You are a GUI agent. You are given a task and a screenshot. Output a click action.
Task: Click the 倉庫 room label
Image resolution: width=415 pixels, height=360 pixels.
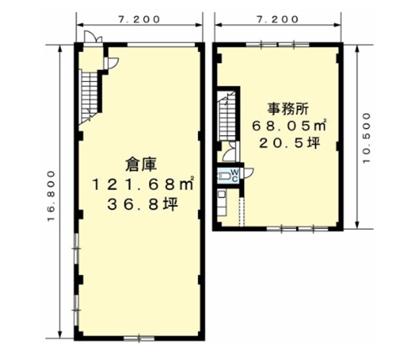(x=141, y=164)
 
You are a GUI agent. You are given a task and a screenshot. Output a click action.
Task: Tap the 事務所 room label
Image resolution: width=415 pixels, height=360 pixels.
(x=288, y=109)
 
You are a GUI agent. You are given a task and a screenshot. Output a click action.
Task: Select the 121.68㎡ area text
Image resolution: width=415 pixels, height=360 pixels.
(x=143, y=184)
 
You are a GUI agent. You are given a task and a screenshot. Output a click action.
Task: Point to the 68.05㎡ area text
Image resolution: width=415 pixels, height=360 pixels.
(x=289, y=125)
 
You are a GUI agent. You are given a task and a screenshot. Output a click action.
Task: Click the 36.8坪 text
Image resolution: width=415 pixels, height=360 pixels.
(x=143, y=204)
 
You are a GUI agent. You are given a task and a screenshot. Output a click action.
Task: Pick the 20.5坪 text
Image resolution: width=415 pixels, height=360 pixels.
(x=290, y=143)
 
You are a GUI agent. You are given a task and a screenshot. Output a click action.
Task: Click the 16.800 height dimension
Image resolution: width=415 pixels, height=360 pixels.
(x=51, y=196)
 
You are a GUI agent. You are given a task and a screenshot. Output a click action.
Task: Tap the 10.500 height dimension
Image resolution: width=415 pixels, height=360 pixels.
(x=367, y=138)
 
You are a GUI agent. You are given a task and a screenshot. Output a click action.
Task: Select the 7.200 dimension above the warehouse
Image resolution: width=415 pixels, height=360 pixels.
(x=140, y=19)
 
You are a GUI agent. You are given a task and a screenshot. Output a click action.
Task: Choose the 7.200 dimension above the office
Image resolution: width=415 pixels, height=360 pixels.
(x=278, y=19)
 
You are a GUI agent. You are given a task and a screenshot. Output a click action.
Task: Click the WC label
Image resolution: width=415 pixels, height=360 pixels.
(x=235, y=175)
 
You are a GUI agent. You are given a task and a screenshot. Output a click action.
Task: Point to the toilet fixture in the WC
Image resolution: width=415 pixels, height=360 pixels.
(x=224, y=175)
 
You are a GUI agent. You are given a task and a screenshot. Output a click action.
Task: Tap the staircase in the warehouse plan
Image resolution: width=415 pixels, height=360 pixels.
(x=90, y=96)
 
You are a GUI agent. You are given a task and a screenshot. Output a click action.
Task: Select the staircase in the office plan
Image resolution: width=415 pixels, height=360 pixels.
(x=226, y=116)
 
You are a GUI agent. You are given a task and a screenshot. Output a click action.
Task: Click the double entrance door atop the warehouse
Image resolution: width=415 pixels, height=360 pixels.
(x=93, y=37)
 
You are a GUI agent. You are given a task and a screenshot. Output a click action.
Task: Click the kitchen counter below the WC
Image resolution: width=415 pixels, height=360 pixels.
(x=222, y=203)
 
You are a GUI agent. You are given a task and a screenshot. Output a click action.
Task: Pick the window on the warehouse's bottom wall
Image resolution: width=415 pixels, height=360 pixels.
(x=139, y=338)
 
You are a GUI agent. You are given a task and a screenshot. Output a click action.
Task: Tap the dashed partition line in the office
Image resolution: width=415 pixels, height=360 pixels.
(x=241, y=212)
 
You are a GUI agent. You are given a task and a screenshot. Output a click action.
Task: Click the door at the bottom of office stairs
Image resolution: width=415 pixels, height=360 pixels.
(x=230, y=152)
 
